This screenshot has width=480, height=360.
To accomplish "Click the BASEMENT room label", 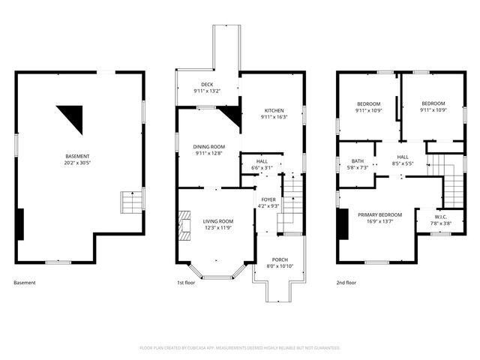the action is tap(77, 157).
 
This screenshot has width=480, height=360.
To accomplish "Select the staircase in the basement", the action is tap(132, 202).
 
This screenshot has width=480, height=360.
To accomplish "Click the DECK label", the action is tap(207, 85).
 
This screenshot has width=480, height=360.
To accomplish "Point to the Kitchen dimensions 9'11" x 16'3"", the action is tap(274, 117).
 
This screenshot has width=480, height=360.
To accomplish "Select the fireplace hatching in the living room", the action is tap(184, 226).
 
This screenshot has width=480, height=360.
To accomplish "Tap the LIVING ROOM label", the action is tap(218, 221).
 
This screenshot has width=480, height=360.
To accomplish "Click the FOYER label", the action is tap(268, 199).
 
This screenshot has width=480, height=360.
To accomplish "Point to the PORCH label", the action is tap(280, 260).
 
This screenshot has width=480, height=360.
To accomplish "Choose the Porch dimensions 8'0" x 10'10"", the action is tap(280, 266).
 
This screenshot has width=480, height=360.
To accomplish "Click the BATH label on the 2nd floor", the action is tap(358, 161).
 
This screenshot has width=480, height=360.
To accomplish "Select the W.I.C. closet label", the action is tap(441, 217).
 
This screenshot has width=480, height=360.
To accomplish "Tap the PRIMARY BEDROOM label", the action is tap(380, 215).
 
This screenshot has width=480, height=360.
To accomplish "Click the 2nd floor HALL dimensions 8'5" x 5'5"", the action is tap(403, 163).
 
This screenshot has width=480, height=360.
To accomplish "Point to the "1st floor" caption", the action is tap(186, 283).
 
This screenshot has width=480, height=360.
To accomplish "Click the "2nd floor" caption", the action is tap(346, 283).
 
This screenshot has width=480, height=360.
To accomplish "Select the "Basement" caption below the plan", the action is tap(25, 283).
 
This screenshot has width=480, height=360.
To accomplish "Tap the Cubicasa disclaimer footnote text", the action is tap(240, 348).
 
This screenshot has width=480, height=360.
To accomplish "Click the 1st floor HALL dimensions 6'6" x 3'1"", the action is tap(262, 168).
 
